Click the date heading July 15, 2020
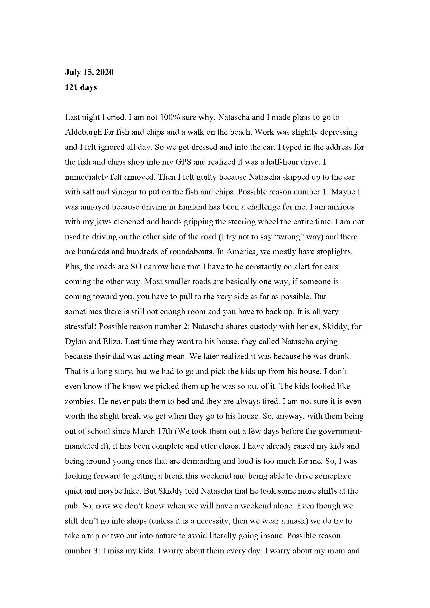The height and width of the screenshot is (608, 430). pyautogui.click(x=89, y=72)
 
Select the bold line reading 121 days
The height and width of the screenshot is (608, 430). pyautogui.click(x=81, y=87)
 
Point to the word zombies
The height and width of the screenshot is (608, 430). pyautogui.click(x=80, y=401)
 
